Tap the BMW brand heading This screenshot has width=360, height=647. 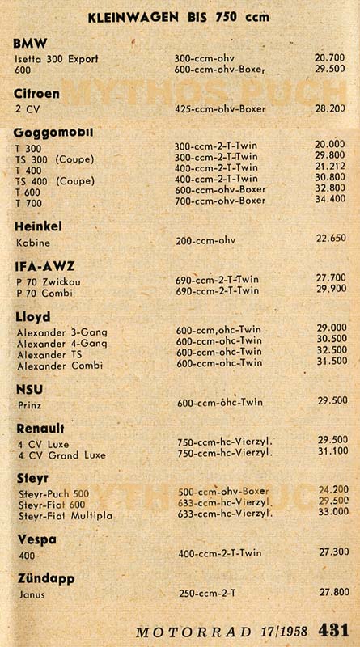[31, 43]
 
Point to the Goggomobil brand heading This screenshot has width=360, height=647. [53, 132]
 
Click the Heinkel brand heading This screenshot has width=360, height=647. [39, 226]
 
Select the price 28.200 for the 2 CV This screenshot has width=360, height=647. [330, 108]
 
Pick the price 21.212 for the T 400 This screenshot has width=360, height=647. [330, 167]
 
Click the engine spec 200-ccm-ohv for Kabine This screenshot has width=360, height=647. [205, 239]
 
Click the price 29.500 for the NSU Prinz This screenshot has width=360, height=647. [332, 400]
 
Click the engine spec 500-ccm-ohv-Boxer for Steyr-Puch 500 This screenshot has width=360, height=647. [222, 490]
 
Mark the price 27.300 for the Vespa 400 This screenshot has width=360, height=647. [332, 551]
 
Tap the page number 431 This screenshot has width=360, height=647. [333, 629]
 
